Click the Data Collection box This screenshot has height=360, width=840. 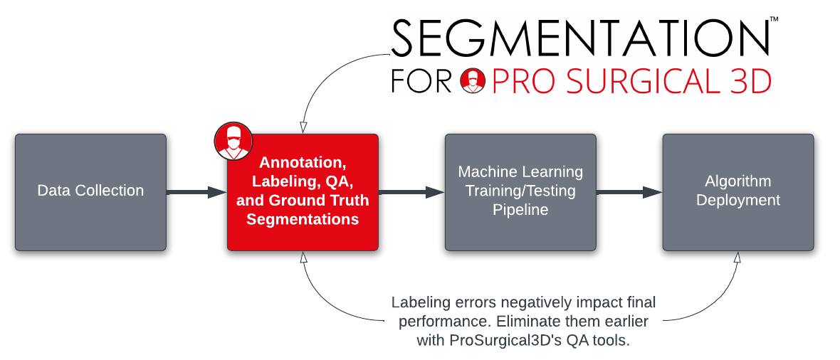[90, 191]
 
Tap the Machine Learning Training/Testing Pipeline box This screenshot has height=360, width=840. [520, 191]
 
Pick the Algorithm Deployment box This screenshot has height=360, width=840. [738, 191]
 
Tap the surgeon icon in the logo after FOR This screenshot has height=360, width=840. [473, 80]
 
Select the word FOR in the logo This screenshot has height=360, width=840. [422, 81]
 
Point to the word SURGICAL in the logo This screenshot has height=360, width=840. [624, 81]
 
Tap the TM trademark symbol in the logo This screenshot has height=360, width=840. [774, 21]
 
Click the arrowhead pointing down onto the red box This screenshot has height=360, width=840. [303, 126]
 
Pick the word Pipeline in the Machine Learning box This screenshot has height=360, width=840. [520, 210]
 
